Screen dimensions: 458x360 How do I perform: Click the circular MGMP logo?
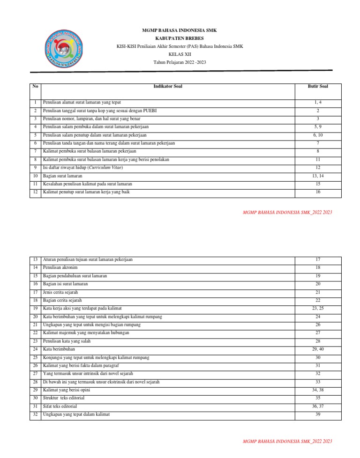(x=63, y=49)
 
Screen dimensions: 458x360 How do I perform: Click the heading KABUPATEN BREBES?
(x=180, y=38)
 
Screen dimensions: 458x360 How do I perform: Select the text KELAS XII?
(x=180, y=54)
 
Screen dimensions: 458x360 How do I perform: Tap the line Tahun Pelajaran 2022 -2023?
(x=180, y=62)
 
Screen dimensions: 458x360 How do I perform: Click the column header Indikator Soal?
(x=168, y=87)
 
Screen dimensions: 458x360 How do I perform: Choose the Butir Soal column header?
(x=318, y=87)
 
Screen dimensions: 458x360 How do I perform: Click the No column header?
(x=35, y=87)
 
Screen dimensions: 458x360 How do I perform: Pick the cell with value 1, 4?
(x=318, y=102)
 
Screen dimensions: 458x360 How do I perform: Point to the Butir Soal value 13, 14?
(x=318, y=176)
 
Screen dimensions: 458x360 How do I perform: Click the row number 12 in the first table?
(x=35, y=192)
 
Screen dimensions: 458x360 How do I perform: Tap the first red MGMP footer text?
(x=287, y=212)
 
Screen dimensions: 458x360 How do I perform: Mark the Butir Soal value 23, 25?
(x=318, y=308)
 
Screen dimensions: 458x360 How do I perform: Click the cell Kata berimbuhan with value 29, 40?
(x=59, y=349)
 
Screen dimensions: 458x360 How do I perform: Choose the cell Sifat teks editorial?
(x=60, y=406)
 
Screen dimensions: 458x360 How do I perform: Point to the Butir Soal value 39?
(x=318, y=414)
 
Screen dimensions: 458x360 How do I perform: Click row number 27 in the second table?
(x=35, y=374)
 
